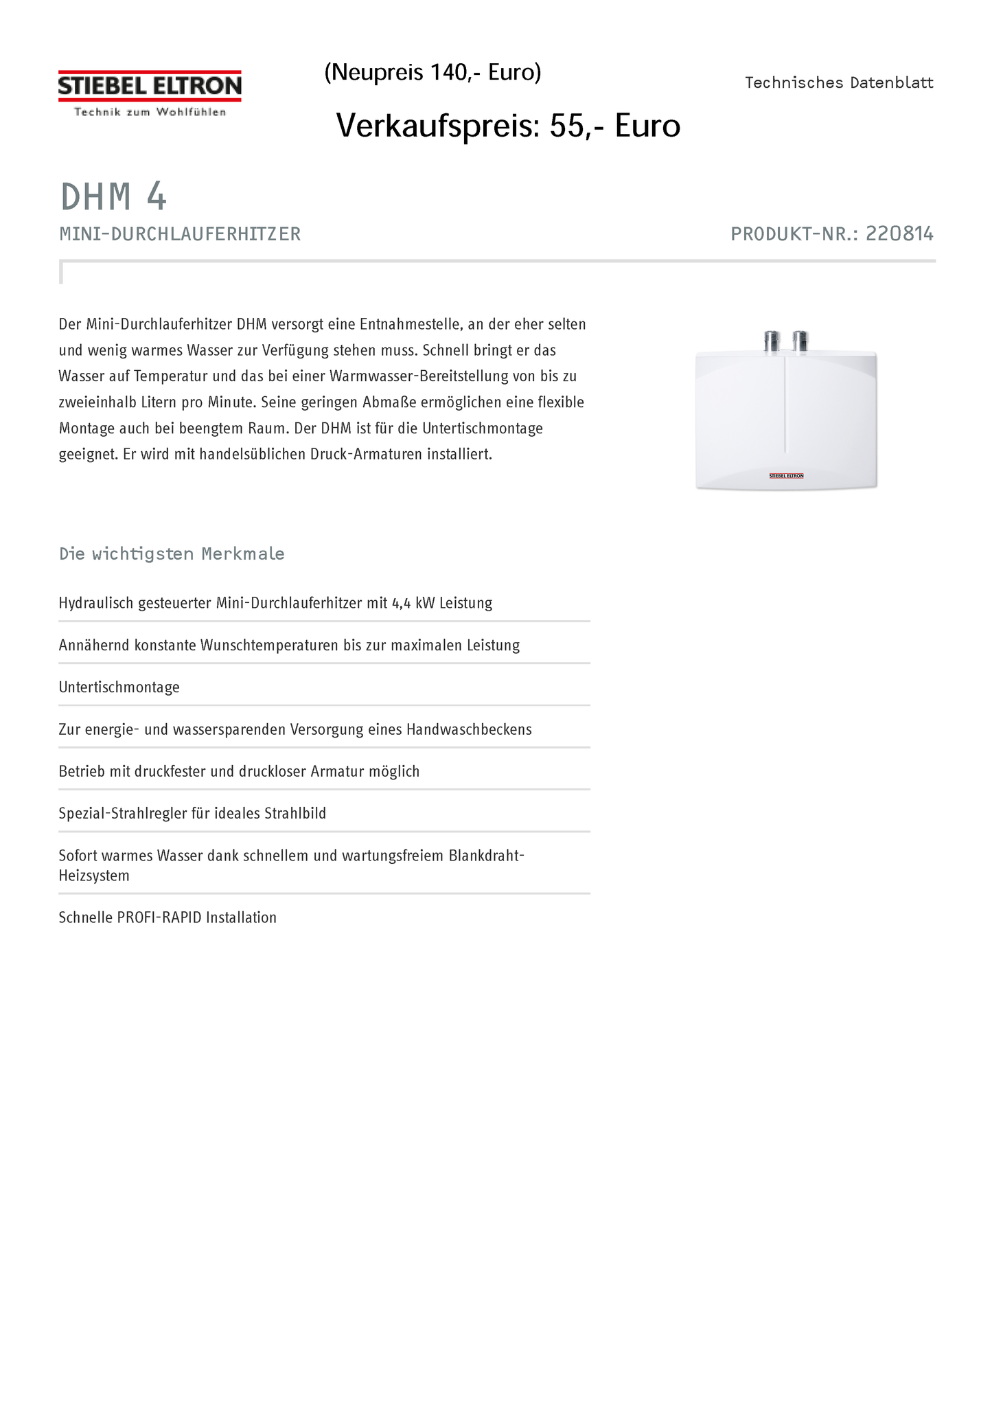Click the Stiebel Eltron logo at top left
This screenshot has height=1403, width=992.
(x=150, y=87)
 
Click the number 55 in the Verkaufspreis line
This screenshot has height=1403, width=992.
(x=567, y=126)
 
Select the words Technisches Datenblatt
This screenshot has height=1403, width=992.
(x=839, y=83)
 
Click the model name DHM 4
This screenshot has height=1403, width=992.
(x=114, y=197)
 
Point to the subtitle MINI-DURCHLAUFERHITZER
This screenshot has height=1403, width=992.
(x=180, y=234)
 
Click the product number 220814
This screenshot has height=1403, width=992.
(x=899, y=234)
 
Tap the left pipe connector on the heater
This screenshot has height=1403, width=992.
(x=772, y=341)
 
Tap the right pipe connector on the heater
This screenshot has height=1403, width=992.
(x=800, y=341)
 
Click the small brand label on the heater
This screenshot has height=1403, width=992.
(x=786, y=475)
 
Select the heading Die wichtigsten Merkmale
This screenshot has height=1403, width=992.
(x=172, y=554)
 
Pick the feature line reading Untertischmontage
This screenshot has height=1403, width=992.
(x=119, y=687)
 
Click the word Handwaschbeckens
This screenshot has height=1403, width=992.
(x=469, y=729)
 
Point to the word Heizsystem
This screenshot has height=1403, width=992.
(x=94, y=876)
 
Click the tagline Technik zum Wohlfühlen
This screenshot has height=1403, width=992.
(x=150, y=112)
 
